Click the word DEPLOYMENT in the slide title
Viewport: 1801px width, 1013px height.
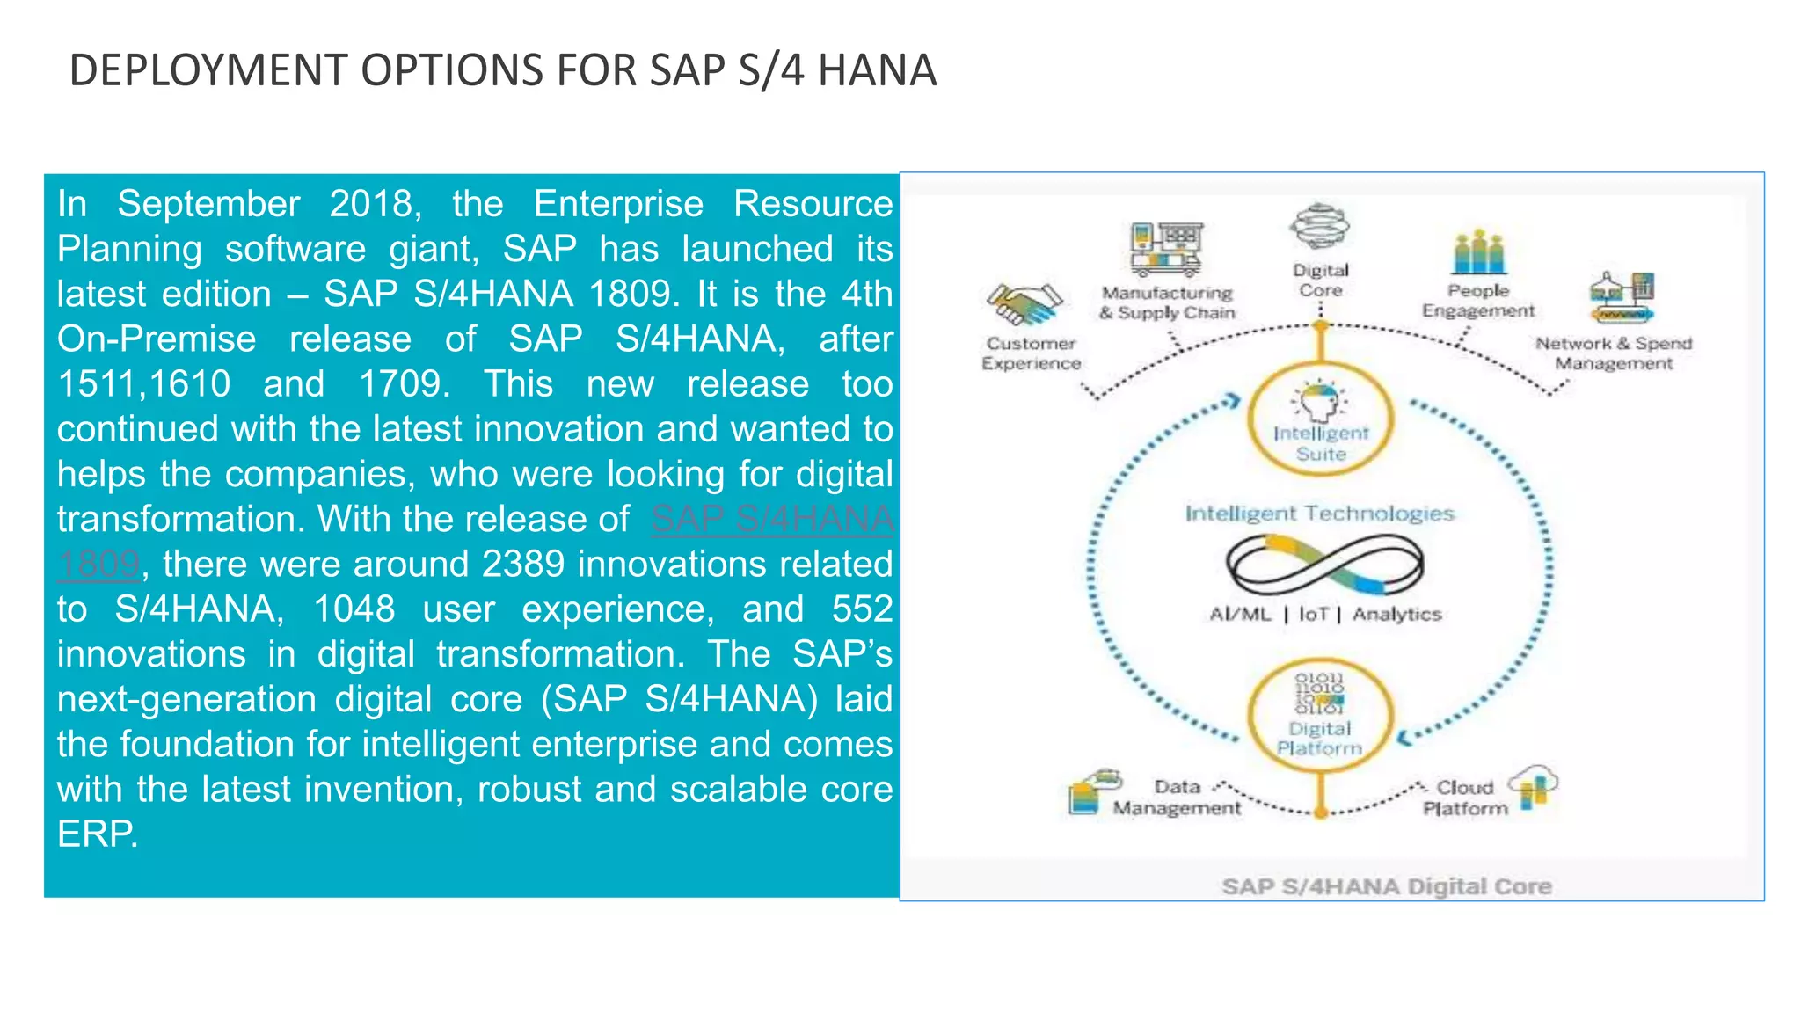click(x=208, y=70)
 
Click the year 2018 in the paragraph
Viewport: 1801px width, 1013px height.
click(x=370, y=204)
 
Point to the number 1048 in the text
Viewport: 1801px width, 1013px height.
click(x=354, y=609)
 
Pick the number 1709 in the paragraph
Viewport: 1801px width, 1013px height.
click(x=405, y=384)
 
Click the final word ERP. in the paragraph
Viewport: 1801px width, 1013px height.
click(x=98, y=834)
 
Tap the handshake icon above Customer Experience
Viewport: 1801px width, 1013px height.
click(x=1024, y=304)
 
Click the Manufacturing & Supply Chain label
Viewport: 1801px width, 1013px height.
click(x=1167, y=302)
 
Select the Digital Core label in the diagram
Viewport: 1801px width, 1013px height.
click(x=1321, y=281)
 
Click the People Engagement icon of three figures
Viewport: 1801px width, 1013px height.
click(x=1478, y=251)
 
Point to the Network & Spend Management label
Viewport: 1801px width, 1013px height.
click(x=1614, y=353)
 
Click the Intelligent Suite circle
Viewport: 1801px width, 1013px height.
click(x=1321, y=420)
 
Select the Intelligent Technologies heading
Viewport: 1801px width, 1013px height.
click(x=1319, y=514)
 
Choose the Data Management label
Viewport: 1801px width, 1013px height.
click(x=1178, y=798)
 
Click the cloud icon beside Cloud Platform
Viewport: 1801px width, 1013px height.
click(x=1533, y=784)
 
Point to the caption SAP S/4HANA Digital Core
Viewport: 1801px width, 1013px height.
click(x=1386, y=886)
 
